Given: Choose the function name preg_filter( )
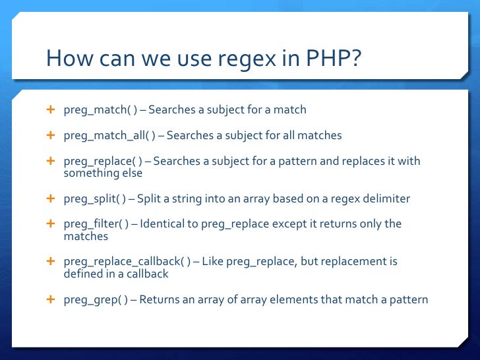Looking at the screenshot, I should pyautogui.click(x=100, y=224).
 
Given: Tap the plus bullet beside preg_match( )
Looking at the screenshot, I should pyautogui.click(x=50, y=109).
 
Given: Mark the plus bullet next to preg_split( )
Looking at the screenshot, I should pyautogui.click(x=50, y=198).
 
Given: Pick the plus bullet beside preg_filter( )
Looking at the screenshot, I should pyautogui.click(x=50, y=224).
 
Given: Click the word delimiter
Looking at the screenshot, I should pyautogui.click(x=386, y=198).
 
